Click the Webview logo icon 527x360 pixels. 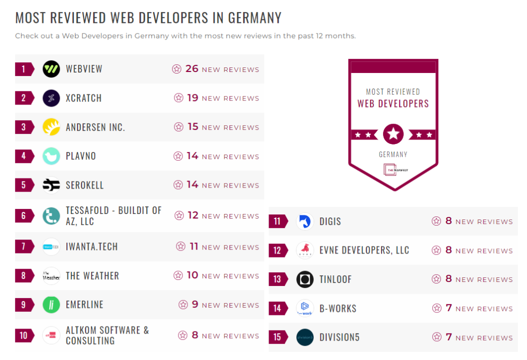pos(51,69)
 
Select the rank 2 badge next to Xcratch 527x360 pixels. pos(24,98)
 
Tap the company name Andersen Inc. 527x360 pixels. pos(95,127)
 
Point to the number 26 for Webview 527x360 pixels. pos(192,68)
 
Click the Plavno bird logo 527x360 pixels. pos(51,156)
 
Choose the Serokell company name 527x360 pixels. pos(85,185)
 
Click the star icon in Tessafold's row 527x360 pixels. pos(179,215)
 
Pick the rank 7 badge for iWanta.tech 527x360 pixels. pos(24,247)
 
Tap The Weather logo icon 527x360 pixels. pos(51,276)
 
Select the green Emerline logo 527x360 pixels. pos(51,305)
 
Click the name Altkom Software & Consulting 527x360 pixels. pos(107,335)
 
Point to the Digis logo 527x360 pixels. pos(305,222)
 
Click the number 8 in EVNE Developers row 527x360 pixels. pos(448,250)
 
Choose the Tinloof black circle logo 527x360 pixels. pos(305,279)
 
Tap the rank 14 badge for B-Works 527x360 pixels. pos(277,308)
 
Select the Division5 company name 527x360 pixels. pos(340,337)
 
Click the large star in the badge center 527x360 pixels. pos(393,134)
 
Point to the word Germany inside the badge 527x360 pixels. pos(393,154)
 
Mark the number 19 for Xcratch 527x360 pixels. pos(193,98)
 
